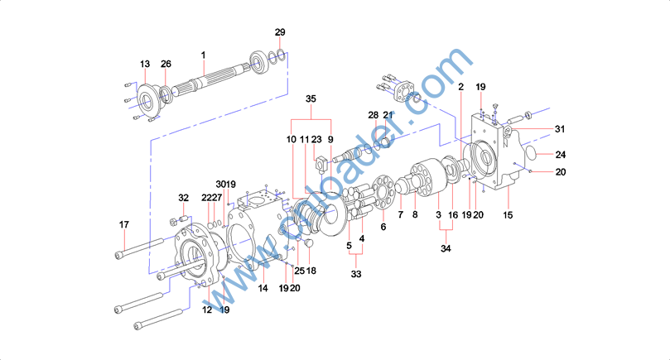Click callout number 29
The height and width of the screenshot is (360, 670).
280,32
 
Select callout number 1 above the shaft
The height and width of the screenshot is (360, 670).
204,55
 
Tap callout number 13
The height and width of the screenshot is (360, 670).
145,64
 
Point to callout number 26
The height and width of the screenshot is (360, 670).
166,64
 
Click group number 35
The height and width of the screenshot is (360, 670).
311,98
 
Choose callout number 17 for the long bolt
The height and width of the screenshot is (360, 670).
124,224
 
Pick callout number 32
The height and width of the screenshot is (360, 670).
183,198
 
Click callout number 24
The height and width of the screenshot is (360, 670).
561,155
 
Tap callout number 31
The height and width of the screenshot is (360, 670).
560,129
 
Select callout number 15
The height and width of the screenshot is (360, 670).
508,215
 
